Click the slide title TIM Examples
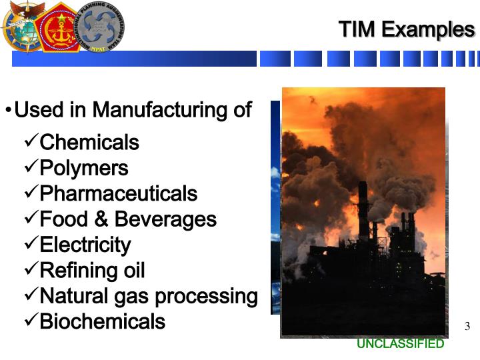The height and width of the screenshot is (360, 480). coord(406,29)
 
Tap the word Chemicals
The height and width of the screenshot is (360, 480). coord(89,143)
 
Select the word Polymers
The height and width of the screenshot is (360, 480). coord(84,168)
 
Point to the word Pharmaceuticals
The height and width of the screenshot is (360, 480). coord(119,194)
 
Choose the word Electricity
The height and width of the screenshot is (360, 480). coord(85,245)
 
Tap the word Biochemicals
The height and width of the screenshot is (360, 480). coord(102,322)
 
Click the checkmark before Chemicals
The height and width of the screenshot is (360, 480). coord(30,141)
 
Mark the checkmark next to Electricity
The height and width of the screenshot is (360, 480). coord(30,244)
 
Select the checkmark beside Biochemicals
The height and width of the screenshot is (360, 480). coord(30,321)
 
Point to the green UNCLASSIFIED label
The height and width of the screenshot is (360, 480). coord(400,344)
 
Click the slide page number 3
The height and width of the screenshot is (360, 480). coord(467,327)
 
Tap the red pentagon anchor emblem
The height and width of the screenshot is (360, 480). coord(59,27)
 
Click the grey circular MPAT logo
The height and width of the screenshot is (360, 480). coord(101,26)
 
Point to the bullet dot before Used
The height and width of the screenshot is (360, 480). coord(8,110)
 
